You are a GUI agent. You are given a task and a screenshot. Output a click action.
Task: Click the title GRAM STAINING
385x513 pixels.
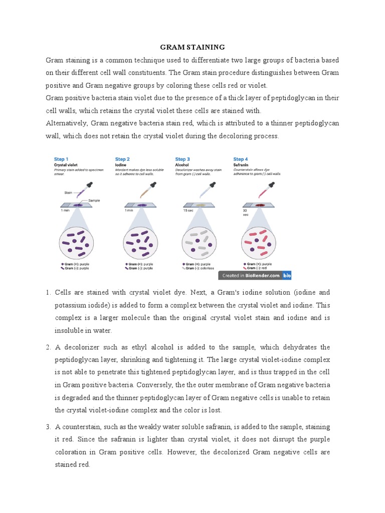pyautogui.click(x=192, y=47)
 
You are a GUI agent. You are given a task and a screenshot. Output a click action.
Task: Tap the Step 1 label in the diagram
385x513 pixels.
pyautogui.click(x=61, y=159)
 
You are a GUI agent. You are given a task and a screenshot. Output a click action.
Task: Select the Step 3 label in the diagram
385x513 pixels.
pyautogui.click(x=182, y=159)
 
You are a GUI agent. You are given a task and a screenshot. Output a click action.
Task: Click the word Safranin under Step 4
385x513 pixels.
pyautogui.click(x=241, y=164)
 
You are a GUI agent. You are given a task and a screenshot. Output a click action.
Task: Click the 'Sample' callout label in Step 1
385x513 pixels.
pyautogui.click(x=94, y=200)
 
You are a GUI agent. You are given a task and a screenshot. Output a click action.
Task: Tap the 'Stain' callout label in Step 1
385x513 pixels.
pyautogui.click(x=68, y=192)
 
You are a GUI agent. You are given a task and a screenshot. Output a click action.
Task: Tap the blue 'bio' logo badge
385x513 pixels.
pyautogui.click(x=287, y=275)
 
